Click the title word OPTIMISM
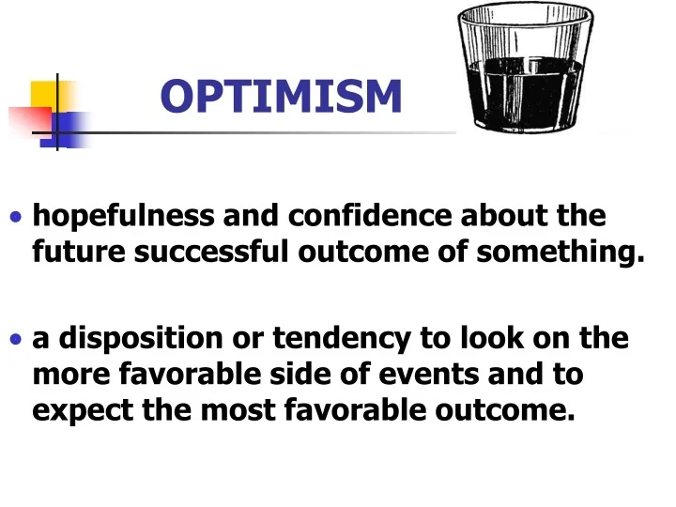pos(281,96)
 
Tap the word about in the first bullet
pos(508,217)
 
